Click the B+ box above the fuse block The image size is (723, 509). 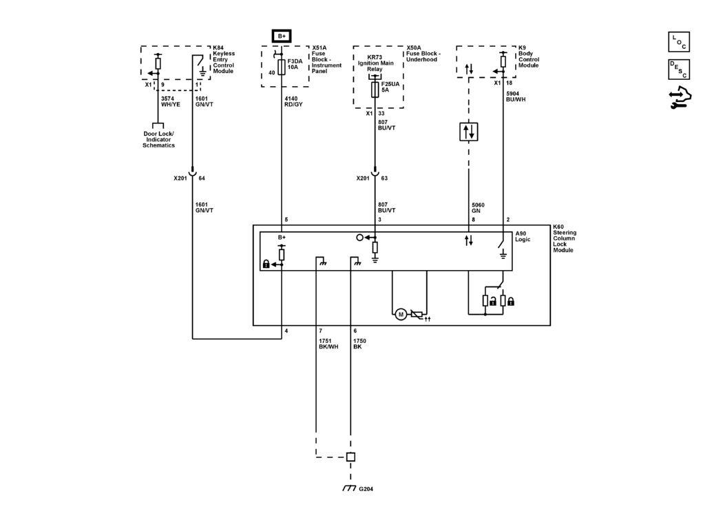click(x=282, y=36)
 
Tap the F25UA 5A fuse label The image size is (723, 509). click(x=390, y=87)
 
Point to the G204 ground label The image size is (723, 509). click(x=366, y=490)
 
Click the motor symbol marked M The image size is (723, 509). click(x=400, y=315)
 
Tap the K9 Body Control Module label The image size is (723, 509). click(x=528, y=59)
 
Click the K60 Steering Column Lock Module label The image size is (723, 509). click(x=565, y=238)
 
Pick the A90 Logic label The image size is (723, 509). click(x=524, y=236)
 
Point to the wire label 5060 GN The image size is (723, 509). click(x=477, y=207)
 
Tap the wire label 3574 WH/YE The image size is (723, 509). click(x=170, y=102)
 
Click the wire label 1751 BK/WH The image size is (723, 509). click(x=328, y=343)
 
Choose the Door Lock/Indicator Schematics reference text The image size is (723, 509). click(x=158, y=140)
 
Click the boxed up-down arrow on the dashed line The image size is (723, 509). click(x=469, y=131)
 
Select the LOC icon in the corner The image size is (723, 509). click(x=678, y=43)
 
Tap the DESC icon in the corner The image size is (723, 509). click(x=678, y=70)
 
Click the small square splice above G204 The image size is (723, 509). click(x=350, y=457)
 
